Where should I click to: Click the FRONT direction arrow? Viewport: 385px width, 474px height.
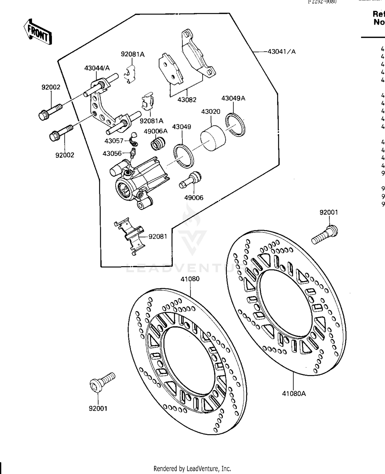(x=38, y=32)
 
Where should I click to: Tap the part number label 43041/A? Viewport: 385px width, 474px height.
(x=281, y=52)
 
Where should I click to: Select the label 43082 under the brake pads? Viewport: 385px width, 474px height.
(x=187, y=100)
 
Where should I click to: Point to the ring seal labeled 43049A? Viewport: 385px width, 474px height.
(x=235, y=124)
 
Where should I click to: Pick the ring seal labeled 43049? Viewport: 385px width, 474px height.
(x=183, y=156)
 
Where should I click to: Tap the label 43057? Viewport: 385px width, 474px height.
(x=114, y=141)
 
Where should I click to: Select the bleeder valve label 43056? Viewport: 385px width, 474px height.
(x=112, y=153)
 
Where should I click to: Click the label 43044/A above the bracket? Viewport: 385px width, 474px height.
(x=97, y=68)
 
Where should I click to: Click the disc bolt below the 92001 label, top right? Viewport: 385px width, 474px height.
(x=325, y=234)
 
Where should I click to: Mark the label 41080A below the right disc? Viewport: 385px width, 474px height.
(x=294, y=393)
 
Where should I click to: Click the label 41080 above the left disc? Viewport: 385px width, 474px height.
(x=190, y=279)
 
